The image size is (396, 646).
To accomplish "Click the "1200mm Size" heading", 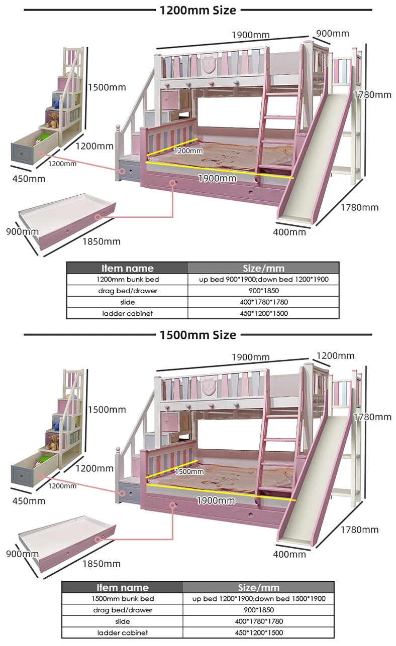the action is point(197,10).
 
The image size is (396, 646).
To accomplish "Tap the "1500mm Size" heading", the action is point(197,334).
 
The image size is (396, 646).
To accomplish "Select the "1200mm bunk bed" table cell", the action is point(127,279).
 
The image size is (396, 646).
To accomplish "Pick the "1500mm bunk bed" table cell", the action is point(123,599).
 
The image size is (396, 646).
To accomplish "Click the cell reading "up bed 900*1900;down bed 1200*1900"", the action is point(263,279).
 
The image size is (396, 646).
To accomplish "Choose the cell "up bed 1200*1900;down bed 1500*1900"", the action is point(258,599).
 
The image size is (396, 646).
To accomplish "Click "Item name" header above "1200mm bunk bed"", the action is point(127,268).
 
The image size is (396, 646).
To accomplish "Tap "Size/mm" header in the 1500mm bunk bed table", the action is point(258,587).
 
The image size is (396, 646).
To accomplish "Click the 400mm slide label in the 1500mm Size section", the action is point(289,554).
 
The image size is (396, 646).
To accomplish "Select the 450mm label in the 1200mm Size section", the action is point(29,179).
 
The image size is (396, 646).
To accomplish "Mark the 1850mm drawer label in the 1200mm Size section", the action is point(102,241).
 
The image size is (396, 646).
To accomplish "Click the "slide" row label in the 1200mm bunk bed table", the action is point(127,302).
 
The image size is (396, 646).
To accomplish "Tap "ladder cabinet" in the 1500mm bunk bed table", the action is point(123,633).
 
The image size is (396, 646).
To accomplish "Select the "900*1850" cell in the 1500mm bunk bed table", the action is point(258,610).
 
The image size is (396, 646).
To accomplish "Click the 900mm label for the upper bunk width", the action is point(332,34).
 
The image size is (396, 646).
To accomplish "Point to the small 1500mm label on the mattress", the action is point(189,472).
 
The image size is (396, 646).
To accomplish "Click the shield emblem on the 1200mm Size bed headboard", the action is point(208,64).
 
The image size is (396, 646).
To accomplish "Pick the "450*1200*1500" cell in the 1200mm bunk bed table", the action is point(263,313).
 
